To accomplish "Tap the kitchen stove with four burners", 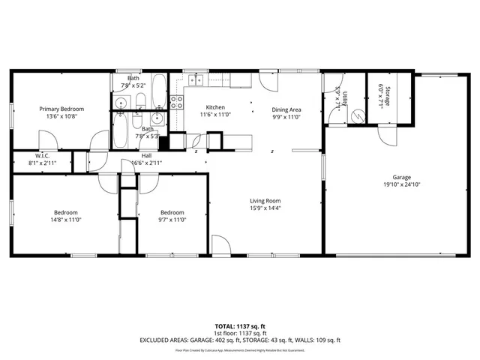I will [x=178, y=102].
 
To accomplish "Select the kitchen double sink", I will [x=196, y=80].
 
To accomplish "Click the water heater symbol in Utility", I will [x=359, y=116].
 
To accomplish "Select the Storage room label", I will [x=388, y=96].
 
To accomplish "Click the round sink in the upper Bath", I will [x=121, y=102].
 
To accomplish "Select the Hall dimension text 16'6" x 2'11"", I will [x=146, y=163].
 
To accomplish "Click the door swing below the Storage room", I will [x=388, y=136].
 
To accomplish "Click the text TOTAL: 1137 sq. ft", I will [x=239, y=326].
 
